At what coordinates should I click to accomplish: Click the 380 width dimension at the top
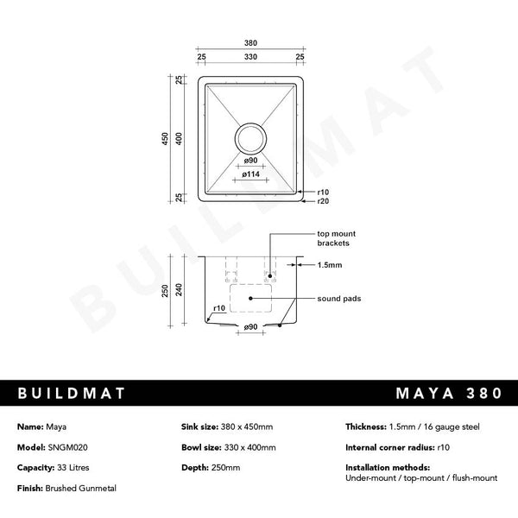tap(250, 43)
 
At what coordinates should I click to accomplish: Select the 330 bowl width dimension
tap(250, 57)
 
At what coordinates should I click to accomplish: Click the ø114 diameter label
tap(251, 175)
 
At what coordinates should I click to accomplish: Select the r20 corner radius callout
tap(323, 200)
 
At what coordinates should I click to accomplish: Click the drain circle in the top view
tap(250, 137)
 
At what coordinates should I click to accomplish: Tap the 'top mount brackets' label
tap(336, 238)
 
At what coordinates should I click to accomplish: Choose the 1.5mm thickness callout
tap(329, 267)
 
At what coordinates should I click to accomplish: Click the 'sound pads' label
tap(338, 298)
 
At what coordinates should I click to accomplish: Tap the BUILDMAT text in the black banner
tap(73, 393)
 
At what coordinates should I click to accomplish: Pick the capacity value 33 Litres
tap(68, 467)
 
